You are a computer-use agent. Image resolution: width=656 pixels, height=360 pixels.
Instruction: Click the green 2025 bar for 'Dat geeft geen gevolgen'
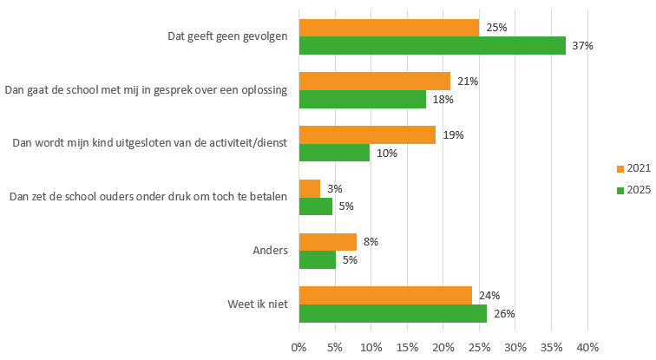coord(432,46)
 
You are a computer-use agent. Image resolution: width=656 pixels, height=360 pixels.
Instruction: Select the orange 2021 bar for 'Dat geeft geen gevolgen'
coord(389,28)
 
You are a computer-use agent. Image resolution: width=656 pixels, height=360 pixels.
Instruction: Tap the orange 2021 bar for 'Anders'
coord(327,242)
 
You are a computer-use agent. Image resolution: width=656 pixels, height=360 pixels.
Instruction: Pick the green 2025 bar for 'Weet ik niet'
coord(392,313)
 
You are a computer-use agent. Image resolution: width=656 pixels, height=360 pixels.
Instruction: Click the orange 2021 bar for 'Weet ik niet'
coord(385,295)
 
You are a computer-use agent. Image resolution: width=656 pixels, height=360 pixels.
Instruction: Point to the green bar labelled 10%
coord(334,153)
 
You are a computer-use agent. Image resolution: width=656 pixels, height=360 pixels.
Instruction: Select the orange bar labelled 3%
coord(309,188)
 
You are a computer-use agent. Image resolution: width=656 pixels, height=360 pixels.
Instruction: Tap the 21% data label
coord(468,82)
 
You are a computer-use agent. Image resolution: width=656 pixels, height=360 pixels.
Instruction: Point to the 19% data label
coord(453,135)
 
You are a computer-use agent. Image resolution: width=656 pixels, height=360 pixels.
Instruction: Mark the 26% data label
coord(504,313)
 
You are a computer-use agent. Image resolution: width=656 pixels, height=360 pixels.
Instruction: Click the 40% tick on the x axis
coord(587,348)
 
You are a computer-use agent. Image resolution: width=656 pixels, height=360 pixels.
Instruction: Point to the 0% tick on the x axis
coord(299,348)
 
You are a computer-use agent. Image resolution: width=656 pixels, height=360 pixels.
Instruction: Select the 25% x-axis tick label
coord(479,348)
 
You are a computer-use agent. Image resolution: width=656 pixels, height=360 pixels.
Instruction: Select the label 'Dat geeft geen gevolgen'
coord(227,36)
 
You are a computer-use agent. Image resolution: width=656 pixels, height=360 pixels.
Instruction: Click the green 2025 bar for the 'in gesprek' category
coord(363,100)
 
